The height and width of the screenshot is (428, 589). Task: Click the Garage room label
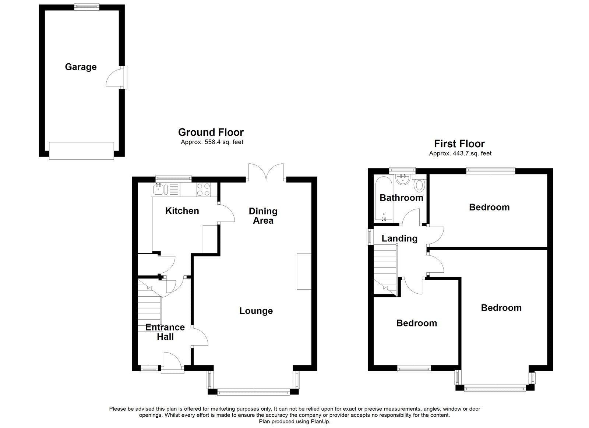click(x=81, y=67)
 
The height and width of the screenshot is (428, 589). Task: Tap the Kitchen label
click(x=182, y=211)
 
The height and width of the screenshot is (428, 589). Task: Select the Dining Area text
click(x=263, y=216)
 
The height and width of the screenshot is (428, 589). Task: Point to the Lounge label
click(x=256, y=311)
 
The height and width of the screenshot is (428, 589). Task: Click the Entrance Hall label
click(x=165, y=332)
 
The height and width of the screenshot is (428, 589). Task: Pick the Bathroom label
click(x=401, y=198)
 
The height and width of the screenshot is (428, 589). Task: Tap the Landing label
click(x=399, y=238)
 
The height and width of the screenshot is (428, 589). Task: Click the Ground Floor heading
click(x=211, y=132)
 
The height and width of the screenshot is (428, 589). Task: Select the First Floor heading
click(x=459, y=144)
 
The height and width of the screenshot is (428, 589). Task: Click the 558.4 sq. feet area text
click(x=212, y=142)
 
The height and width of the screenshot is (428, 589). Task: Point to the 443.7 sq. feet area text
click(x=461, y=153)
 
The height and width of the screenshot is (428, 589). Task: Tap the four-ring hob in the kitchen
click(x=204, y=190)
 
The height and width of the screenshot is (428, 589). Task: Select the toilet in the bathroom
click(x=419, y=185)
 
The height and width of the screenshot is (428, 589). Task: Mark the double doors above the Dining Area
click(x=266, y=172)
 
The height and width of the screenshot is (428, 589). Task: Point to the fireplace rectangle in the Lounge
click(x=304, y=271)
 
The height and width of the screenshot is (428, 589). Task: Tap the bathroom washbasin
click(x=404, y=180)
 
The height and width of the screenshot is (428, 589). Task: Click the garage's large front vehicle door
click(x=81, y=151)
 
